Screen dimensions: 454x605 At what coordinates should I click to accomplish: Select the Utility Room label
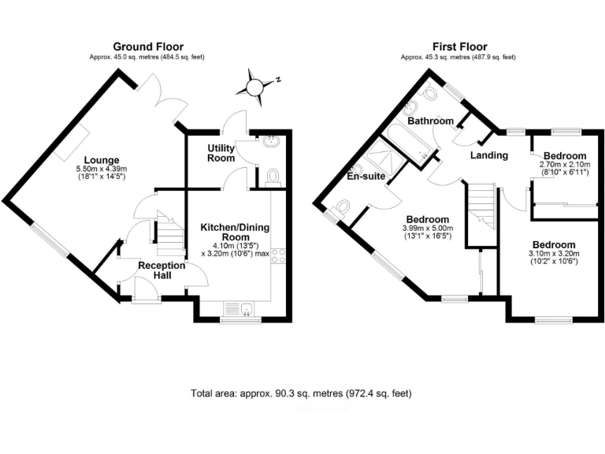pos(221,153)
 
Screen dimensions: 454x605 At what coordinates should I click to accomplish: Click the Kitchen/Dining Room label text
pos(235,233)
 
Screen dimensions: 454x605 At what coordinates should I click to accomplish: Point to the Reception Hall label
pos(161,270)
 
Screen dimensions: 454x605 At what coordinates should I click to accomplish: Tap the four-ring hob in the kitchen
pos(280,256)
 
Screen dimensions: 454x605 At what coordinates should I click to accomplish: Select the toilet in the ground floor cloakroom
pos(273,175)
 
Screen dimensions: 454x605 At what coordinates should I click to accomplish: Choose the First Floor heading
pos(459,47)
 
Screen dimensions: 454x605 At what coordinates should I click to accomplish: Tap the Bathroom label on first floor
pos(430,121)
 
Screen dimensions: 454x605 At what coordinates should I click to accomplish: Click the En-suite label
pos(366,176)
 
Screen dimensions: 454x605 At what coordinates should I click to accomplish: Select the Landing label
pos(488,155)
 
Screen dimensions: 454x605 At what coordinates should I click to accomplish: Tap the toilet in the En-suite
pos(340,208)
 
